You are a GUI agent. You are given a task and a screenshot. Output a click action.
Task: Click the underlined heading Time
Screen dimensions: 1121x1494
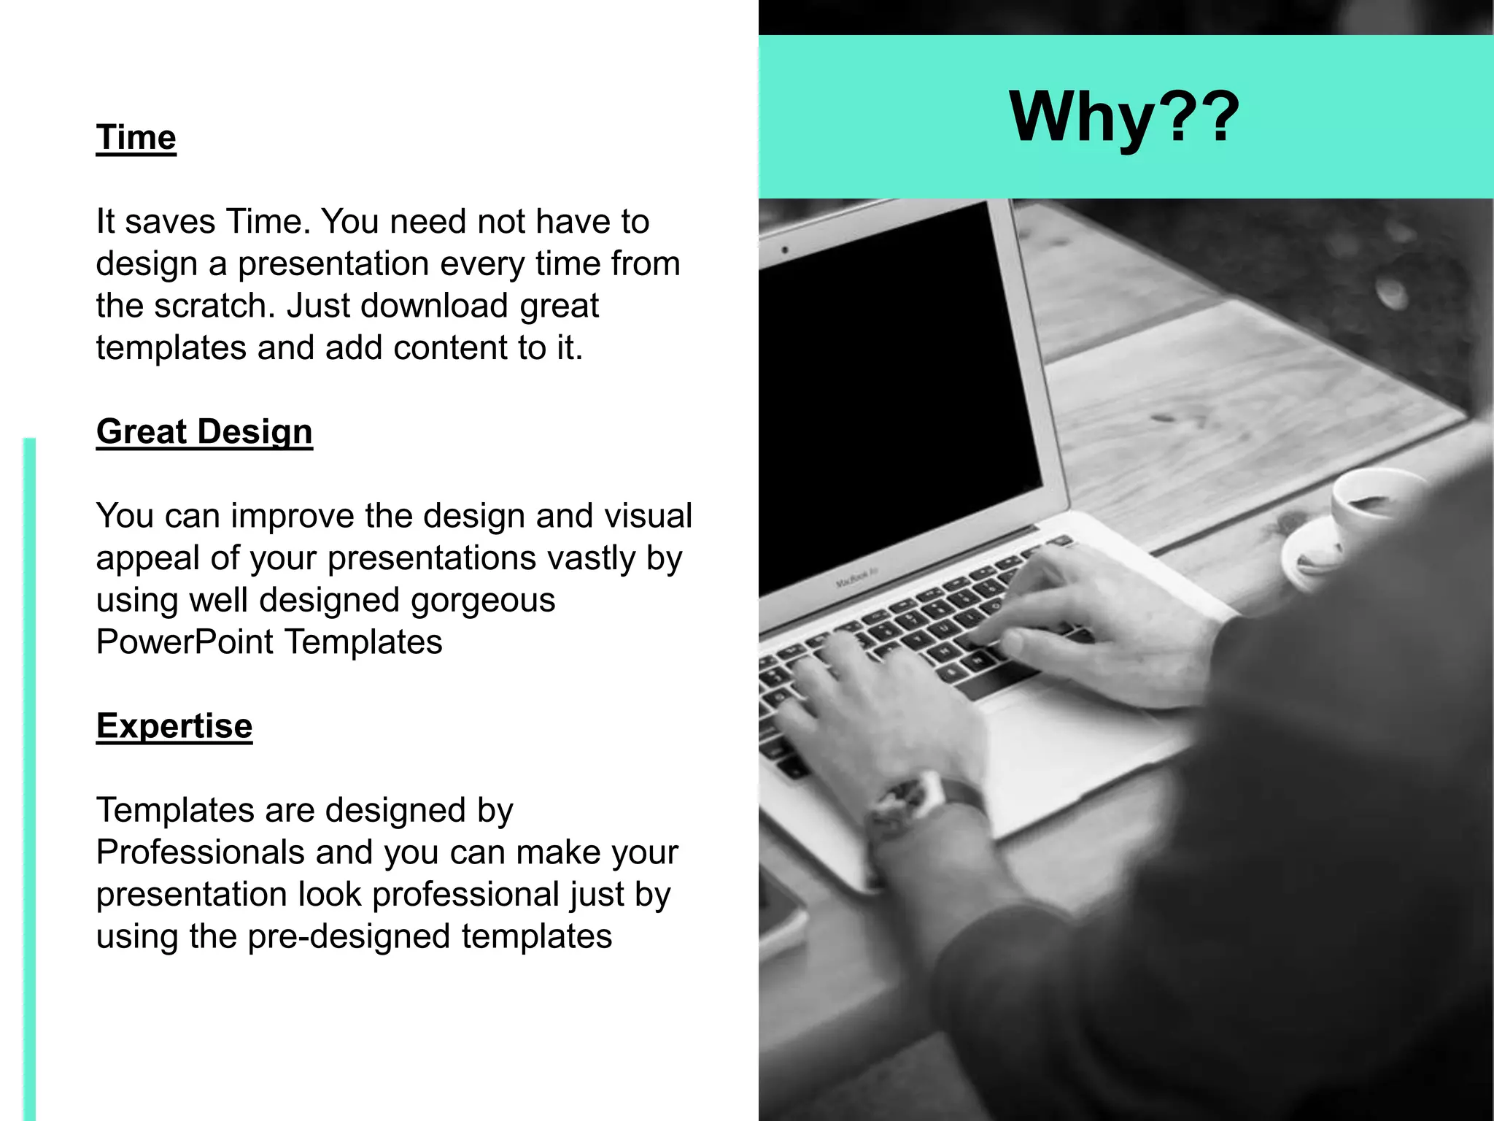[x=136, y=138]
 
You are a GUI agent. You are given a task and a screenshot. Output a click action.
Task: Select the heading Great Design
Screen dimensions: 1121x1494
[x=204, y=432]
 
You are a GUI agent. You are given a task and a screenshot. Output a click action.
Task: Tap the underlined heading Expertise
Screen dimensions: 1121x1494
[x=174, y=726]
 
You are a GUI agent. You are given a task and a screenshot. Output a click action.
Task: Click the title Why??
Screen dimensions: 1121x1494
[x=1124, y=117]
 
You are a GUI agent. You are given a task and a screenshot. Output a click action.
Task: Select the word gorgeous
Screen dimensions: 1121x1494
[x=482, y=601]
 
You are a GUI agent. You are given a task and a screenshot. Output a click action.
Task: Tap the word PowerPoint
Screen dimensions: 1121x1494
[x=185, y=642]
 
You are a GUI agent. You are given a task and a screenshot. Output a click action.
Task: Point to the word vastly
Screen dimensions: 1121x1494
[x=592, y=558]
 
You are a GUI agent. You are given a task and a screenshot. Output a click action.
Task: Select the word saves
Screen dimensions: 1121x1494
[x=170, y=222]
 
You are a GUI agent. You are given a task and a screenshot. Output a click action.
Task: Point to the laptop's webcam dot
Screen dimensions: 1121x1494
[x=786, y=250]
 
